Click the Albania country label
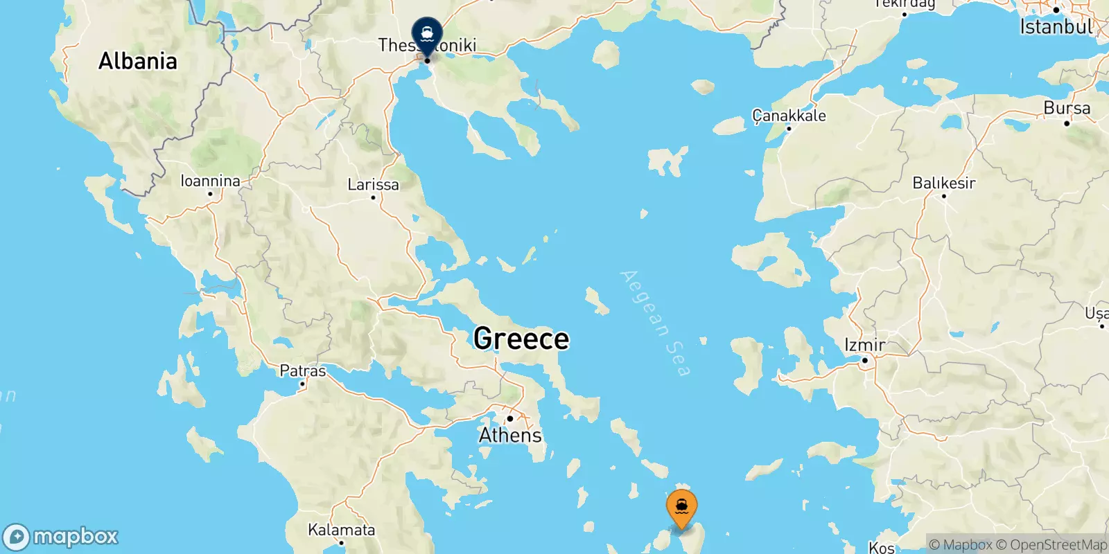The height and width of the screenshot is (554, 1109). (x=137, y=61)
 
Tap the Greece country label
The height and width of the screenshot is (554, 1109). (x=521, y=339)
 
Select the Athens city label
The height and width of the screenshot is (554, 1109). (x=510, y=435)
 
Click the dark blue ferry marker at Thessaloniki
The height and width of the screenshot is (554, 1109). (x=427, y=33)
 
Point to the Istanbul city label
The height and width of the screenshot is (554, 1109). (x=1056, y=27)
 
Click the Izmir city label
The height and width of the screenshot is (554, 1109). (x=864, y=345)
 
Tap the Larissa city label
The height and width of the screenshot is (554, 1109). (x=373, y=185)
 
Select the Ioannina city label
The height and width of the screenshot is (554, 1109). (x=210, y=181)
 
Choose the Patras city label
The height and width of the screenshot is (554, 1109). (x=302, y=370)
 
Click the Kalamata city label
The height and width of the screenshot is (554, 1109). (x=341, y=530)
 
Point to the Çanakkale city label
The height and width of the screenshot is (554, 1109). (x=789, y=116)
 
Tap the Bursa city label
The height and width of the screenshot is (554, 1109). (x=1067, y=108)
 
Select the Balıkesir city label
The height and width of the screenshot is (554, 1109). (x=943, y=183)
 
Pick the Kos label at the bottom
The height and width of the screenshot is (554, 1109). (x=882, y=547)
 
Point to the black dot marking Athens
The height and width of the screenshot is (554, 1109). (x=509, y=418)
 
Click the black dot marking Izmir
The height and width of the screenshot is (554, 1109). (x=864, y=360)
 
